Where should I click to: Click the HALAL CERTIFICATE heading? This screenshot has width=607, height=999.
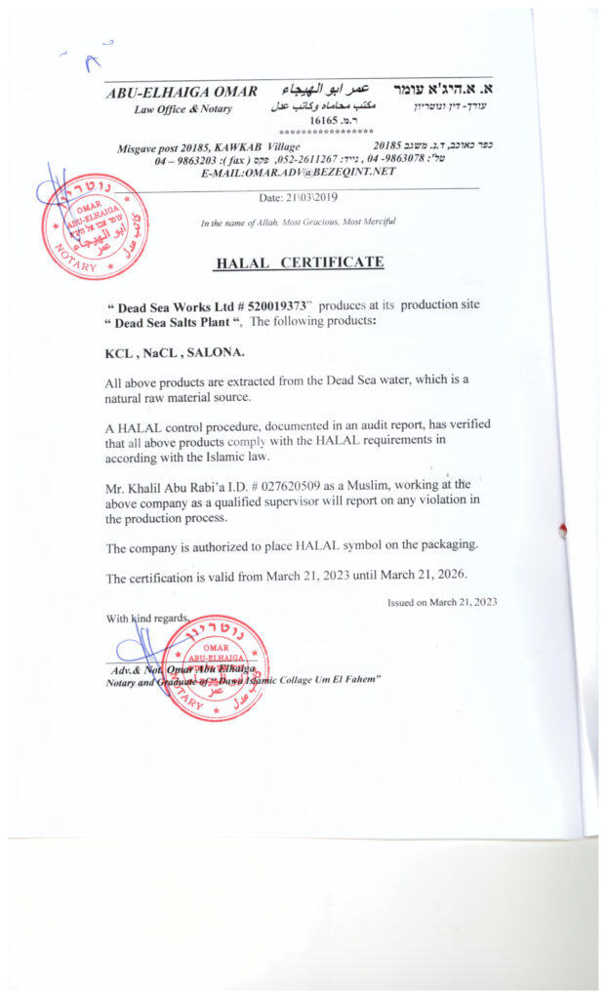point(299,262)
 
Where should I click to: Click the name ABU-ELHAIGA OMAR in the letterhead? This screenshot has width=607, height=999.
point(182,92)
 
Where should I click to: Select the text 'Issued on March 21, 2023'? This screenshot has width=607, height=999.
point(442,602)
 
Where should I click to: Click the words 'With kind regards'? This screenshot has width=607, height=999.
point(145,619)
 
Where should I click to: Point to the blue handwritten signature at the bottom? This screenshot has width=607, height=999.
point(142,649)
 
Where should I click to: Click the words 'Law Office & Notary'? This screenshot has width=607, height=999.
point(183,109)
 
